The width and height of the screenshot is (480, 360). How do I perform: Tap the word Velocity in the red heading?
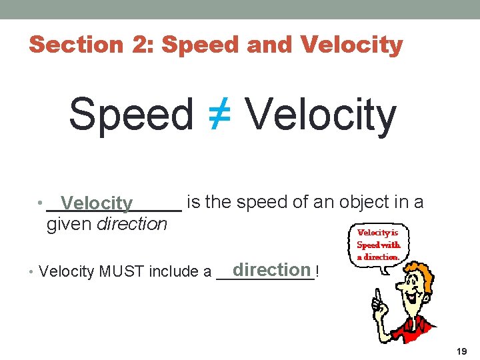[x=352, y=45]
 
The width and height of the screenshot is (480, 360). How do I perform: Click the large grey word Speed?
[x=131, y=114]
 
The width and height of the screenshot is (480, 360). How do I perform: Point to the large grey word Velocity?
[x=321, y=114]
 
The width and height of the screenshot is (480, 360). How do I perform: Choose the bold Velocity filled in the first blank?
[x=96, y=203]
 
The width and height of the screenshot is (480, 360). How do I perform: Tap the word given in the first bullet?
[x=69, y=224]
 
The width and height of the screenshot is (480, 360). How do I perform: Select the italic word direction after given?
[x=132, y=224]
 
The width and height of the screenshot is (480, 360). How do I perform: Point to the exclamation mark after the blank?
[x=317, y=271]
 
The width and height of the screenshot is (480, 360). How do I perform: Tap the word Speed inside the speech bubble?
[x=368, y=245]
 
